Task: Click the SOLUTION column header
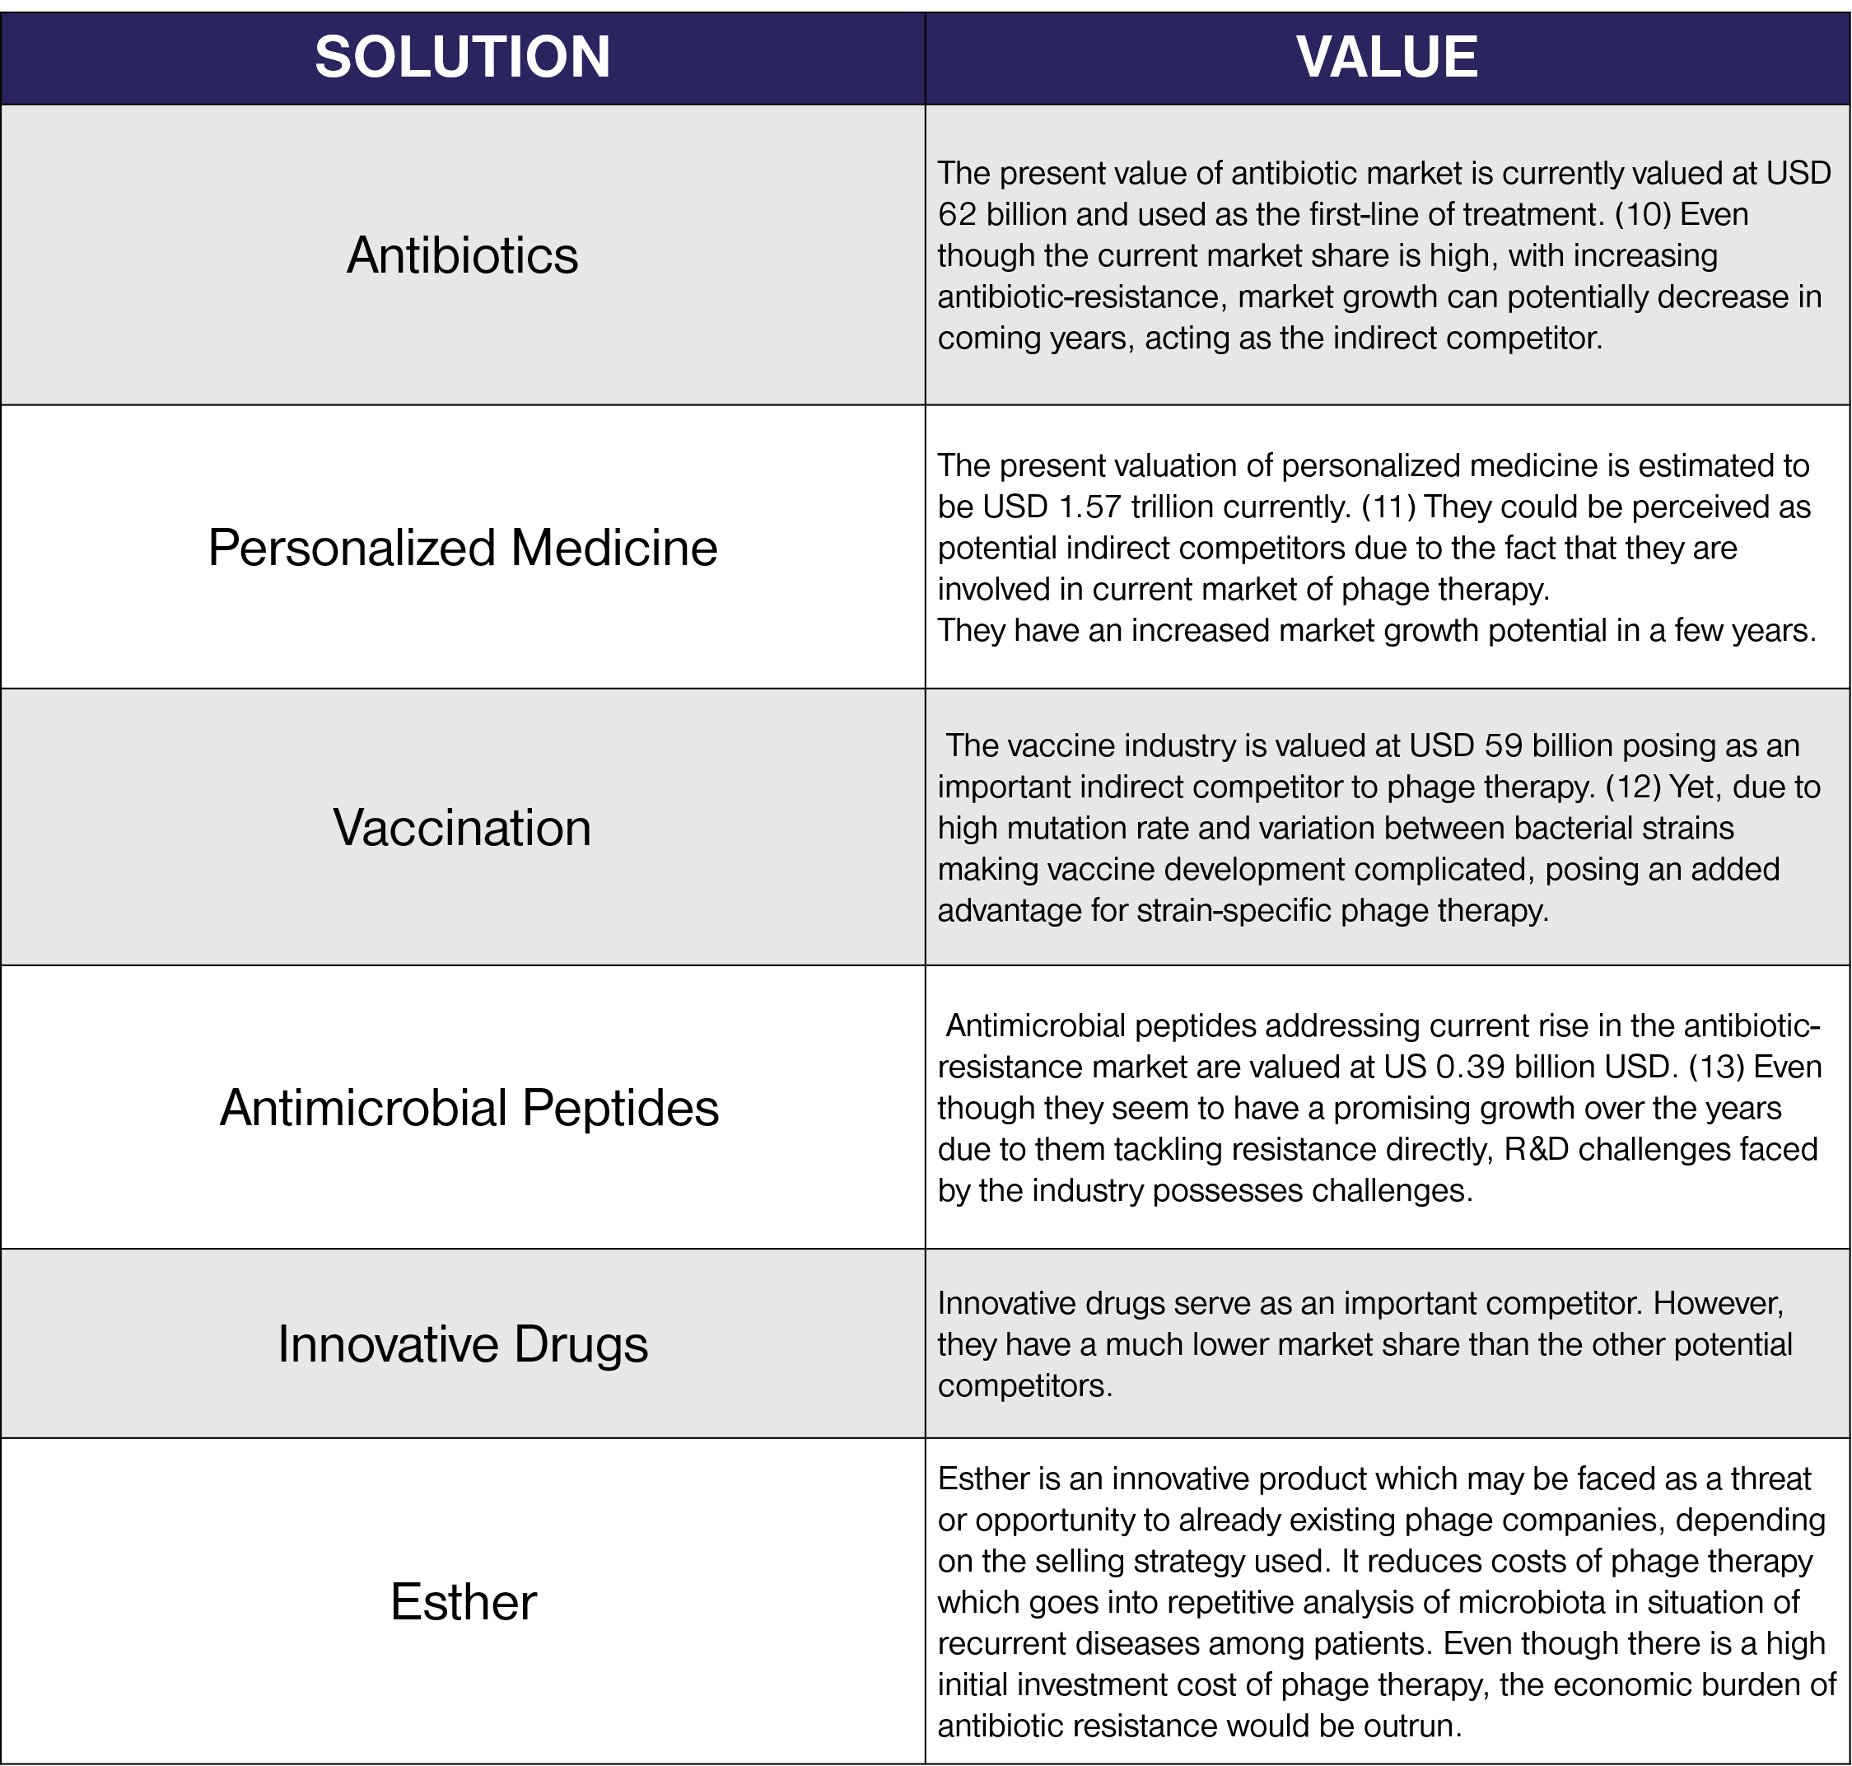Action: click(462, 58)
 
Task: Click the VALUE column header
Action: click(1386, 58)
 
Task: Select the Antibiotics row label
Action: click(462, 255)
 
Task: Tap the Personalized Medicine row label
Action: click(462, 548)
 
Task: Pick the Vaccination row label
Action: click(462, 829)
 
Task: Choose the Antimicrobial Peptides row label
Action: click(469, 1108)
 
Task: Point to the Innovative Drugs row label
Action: click(462, 1344)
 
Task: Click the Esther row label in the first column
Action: click(462, 1602)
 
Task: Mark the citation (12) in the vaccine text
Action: click(1633, 787)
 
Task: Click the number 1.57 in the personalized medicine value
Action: click(1089, 507)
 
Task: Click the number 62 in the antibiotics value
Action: click(957, 215)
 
